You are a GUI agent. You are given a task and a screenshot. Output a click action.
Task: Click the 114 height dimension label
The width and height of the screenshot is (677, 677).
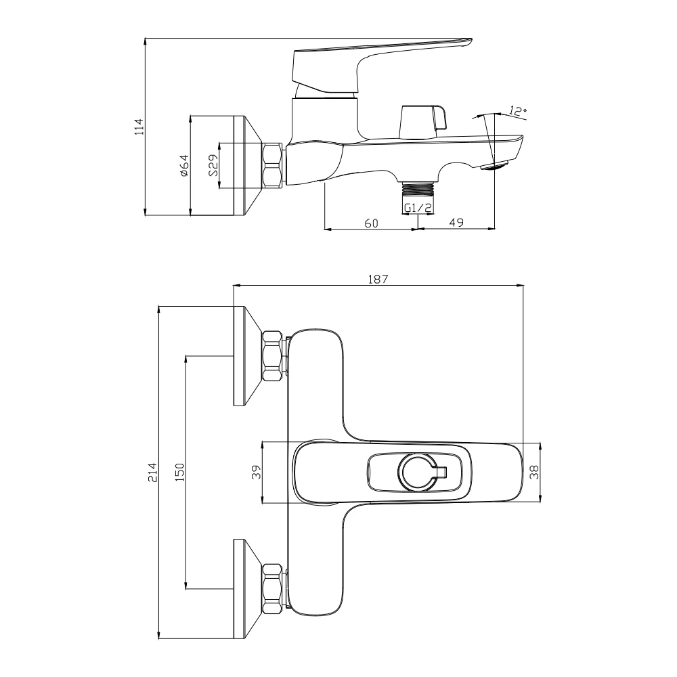click(139, 126)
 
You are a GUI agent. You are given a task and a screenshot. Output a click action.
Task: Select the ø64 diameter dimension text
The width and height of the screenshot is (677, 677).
click(184, 165)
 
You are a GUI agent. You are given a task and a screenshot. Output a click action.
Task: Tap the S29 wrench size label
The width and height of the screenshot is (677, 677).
click(213, 165)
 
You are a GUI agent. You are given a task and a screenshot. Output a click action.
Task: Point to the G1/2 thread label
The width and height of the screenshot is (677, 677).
click(418, 208)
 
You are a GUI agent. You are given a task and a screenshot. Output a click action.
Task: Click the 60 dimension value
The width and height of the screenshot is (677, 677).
click(371, 223)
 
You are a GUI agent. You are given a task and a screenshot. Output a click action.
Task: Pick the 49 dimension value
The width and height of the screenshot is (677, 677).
click(456, 222)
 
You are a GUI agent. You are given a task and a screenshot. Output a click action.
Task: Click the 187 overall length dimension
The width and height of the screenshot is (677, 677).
click(378, 279)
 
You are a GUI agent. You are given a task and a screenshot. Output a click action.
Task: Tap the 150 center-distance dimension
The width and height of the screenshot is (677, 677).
click(179, 472)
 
